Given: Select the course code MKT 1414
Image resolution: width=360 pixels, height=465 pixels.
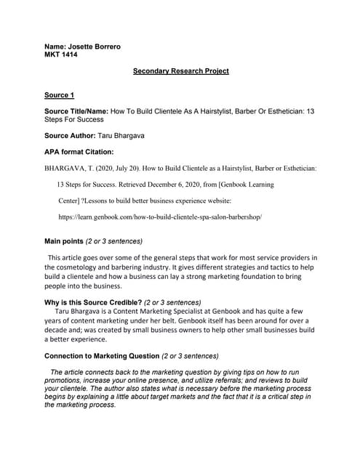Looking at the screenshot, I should pos(61,54).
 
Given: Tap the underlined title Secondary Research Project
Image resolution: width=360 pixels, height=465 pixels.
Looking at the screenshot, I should pos(181,71).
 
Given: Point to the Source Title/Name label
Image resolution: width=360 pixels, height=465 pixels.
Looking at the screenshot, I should pos(76,111).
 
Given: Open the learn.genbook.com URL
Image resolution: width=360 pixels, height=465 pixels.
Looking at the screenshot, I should pos(159,217).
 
